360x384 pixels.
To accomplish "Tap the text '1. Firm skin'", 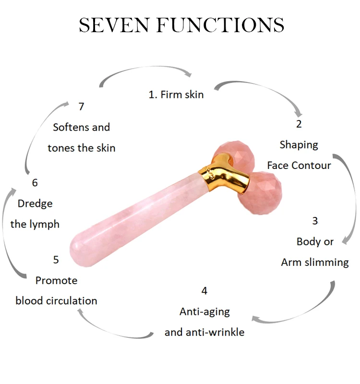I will tap(176, 95).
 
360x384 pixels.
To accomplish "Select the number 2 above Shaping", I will tap(299, 124).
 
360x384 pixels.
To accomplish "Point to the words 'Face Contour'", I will tap(299, 166).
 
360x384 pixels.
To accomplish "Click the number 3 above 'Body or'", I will tap(315, 221).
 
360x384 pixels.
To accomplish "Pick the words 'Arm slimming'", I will tap(315, 262).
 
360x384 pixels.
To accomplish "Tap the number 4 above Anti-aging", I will tap(204, 291).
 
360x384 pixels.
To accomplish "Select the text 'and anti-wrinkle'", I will tap(204, 332).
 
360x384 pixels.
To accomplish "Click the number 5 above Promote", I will tap(56, 260).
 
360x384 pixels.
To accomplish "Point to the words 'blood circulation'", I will tap(56, 301).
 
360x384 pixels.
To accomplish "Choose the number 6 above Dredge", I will tap(35, 183).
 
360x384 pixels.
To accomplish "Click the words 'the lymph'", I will tap(35, 224).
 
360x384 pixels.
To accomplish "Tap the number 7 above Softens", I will tap(81, 107).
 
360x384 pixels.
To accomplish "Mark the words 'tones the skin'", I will tap(81, 148).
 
